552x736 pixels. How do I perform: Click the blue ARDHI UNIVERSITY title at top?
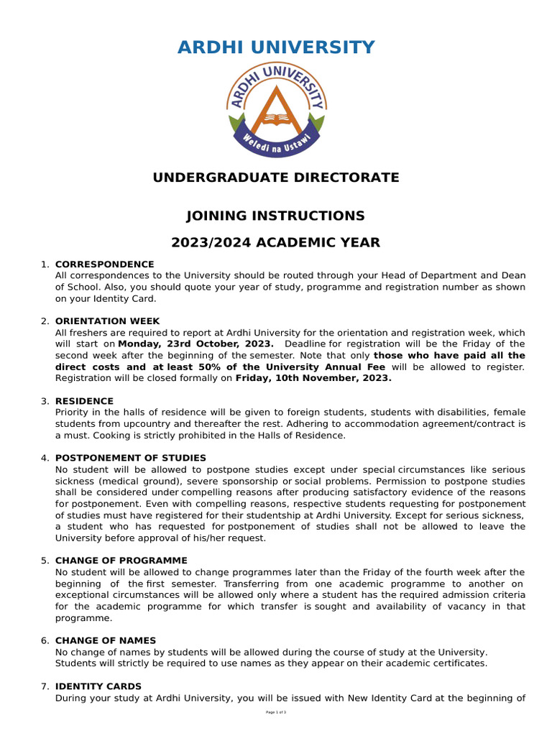tap(276, 48)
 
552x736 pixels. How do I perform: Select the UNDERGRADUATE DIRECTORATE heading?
tap(276, 178)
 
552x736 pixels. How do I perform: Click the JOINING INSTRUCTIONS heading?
tap(276, 216)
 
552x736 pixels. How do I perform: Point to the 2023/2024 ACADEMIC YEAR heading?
tap(276, 243)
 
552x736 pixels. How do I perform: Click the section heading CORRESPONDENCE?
tap(104, 264)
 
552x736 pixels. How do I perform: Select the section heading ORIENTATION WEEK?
tap(107, 321)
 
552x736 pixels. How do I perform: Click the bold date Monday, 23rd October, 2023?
tap(195, 344)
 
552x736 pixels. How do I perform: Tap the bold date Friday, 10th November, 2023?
tap(313, 378)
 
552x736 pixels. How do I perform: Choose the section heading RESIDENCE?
tap(84, 401)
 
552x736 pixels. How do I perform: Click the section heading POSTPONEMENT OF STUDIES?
tap(130, 458)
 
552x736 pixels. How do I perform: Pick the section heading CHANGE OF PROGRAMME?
tap(121, 561)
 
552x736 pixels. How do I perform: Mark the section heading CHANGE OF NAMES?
tap(105, 640)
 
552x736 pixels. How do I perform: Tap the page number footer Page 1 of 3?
tap(276, 712)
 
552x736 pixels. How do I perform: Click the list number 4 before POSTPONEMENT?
tap(45, 458)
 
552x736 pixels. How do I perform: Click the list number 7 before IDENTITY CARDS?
tap(45, 686)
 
